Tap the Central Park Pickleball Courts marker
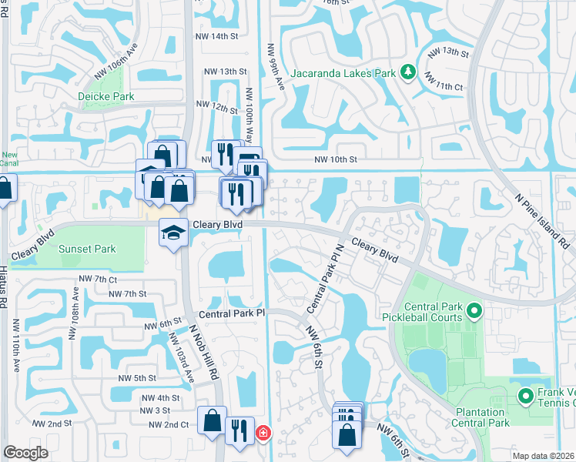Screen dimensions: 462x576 pyautogui.click(x=474, y=312)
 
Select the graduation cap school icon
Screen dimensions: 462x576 pyautogui.click(x=174, y=231)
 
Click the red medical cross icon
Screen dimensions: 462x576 pyautogui.click(x=263, y=434)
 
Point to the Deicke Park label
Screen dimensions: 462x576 pyautogui.click(x=106, y=96)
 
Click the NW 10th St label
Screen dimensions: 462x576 pyautogui.click(x=336, y=160)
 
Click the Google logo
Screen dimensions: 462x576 pyautogui.click(x=25, y=453)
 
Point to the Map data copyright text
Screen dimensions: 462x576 pyautogui.click(x=544, y=456)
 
